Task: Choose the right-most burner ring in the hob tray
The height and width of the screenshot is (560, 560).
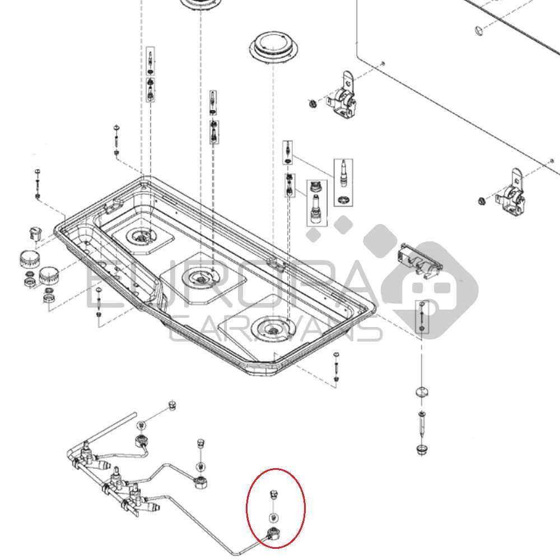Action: point(271,328)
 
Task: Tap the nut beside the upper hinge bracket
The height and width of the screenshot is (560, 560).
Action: point(312,103)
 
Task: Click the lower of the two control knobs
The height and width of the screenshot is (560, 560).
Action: point(47,274)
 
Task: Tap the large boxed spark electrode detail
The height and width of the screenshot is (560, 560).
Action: point(343,182)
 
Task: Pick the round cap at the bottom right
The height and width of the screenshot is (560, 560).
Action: point(421,449)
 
